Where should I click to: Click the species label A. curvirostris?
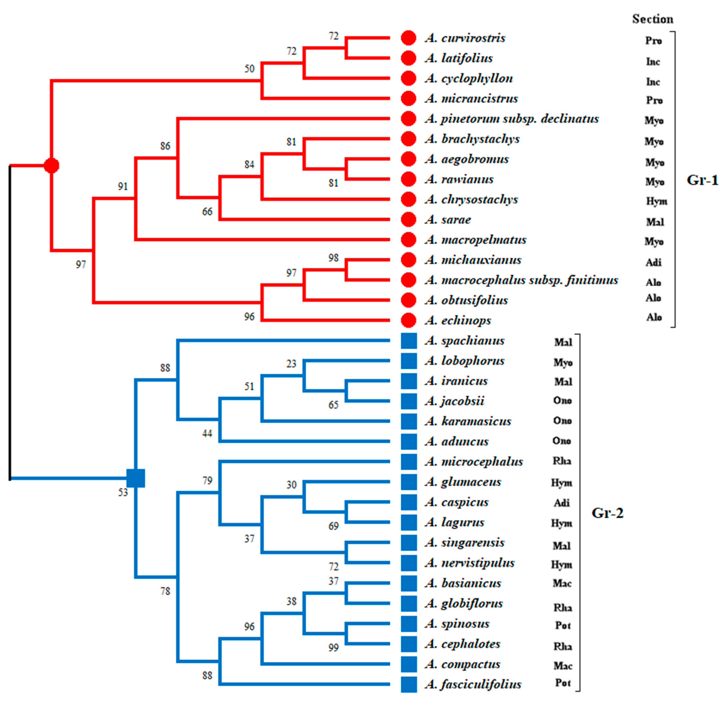[465, 38]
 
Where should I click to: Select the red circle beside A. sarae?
[409, 219]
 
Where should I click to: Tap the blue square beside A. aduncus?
[409, 441]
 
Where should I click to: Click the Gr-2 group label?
[607, 513]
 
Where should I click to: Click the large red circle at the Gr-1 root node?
[51, 165]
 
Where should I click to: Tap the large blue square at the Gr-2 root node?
[136, 478]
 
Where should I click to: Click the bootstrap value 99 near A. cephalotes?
[333, 647]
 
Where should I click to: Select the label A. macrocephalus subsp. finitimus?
[521, 280]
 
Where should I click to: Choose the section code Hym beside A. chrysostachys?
[657, 201]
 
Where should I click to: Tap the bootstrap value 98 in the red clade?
[333, 258]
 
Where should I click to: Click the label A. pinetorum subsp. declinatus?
[511, 119]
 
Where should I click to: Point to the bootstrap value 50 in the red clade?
[249, 69]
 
